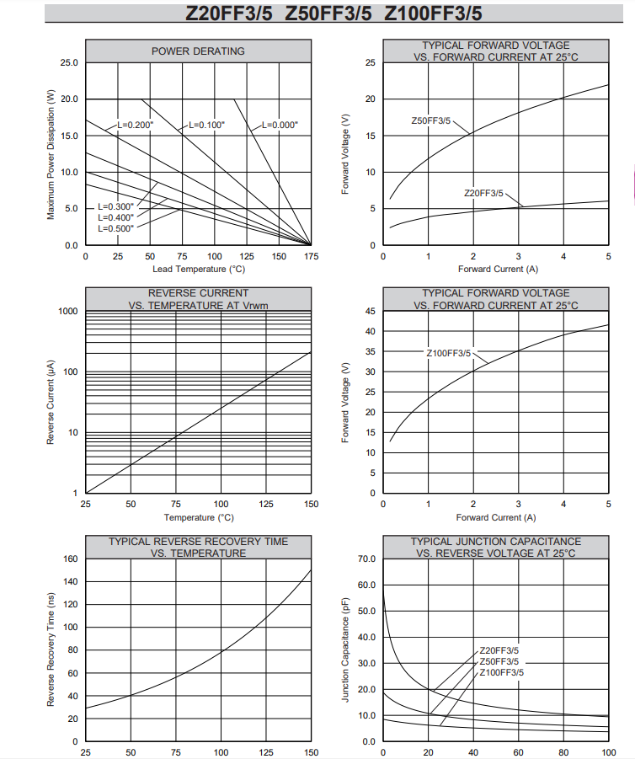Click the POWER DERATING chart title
[x=198, y=51]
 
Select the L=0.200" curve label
[x=135, y=125]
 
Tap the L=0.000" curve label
[x=280, y=125]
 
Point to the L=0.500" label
[x=115, y=228]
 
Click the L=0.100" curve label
[x=206, y=125]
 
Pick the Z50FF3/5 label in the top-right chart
[x=430, y=120]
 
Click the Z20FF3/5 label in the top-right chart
[x=483, y=193]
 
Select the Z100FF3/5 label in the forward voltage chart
[x=449, y=353]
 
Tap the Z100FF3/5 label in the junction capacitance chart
[x=501, y=672]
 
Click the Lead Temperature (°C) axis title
[x=199, y=269]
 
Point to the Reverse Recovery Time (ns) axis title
[x=51, y=649]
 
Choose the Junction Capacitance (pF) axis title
[x=345, y=649]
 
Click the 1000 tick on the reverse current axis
[x=67, y=311]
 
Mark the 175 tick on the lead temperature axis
[x=312, y=257]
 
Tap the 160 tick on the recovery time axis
[x=71, y=559]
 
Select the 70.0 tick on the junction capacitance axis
[x=367, y=559]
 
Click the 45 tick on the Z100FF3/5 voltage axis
[x=371, y=311]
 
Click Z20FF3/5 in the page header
[x=229, y=13]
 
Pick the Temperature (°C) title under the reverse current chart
[x=199, y=517]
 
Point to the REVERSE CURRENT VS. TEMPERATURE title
[x=199, y=299]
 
